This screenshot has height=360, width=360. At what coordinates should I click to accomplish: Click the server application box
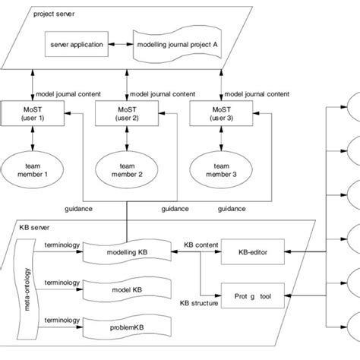(x=76, y=44)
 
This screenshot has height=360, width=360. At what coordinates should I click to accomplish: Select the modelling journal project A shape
(x=175, y=44)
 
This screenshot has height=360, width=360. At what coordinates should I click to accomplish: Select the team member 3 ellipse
(x=215, y=169)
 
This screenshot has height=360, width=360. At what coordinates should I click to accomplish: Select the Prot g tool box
(x=251, y=291)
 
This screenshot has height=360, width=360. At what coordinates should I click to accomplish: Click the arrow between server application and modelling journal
(x=120, y=44)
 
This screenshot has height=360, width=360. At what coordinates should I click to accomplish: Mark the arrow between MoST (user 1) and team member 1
(x=33, y=141)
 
